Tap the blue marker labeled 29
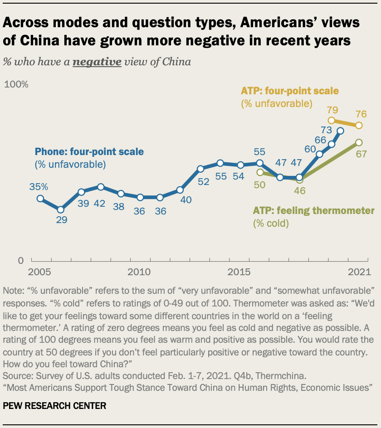pyautogui.click(x=60, y=209)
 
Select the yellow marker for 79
pyautogui.click(x=332, y=121)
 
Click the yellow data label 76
pyautogui.click(x=361, y=113)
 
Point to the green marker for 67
pyautogui.click(x=359, y=142)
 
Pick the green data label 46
pyautogui.click(x=300, y=190)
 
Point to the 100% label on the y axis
pyautogui.click(x=16, y=85)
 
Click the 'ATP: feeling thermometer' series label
pyautogui.click(x=313, y=211)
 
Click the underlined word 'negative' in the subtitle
pyautogui.click(x=97, y=62)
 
